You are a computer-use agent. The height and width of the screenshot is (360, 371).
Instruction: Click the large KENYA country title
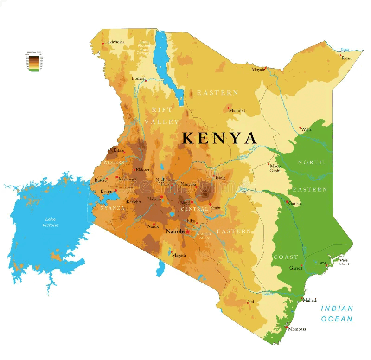pos(219,138)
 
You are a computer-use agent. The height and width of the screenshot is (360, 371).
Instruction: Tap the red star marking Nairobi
pos(187,231)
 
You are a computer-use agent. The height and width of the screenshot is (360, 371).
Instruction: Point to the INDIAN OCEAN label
pos(337,314)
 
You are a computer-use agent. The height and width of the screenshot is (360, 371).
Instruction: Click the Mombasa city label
pos(297,329)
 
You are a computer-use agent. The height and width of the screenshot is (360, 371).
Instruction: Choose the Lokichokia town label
pos(115,42)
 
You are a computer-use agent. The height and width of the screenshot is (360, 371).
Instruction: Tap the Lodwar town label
pos(139,78)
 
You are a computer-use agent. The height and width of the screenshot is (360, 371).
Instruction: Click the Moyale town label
pos(258,69)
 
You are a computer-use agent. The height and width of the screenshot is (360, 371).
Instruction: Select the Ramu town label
pos(347,58)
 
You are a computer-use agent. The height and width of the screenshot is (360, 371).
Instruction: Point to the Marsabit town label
pos(237,111)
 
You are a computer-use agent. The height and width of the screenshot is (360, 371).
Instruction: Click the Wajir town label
pos(306,129)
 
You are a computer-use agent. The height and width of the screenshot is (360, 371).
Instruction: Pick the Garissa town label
pos(295,203)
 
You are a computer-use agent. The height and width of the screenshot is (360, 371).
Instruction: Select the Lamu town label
pos(321,263)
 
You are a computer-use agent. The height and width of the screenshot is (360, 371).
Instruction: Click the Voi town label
pos(251,302)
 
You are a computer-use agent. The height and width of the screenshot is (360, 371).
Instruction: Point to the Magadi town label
pos(179,255)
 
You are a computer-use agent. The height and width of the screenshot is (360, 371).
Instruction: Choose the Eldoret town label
pos(142,170)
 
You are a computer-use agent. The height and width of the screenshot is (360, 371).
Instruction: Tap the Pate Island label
pos(344,262)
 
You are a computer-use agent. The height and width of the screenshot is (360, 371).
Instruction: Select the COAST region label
pos(286,257)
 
